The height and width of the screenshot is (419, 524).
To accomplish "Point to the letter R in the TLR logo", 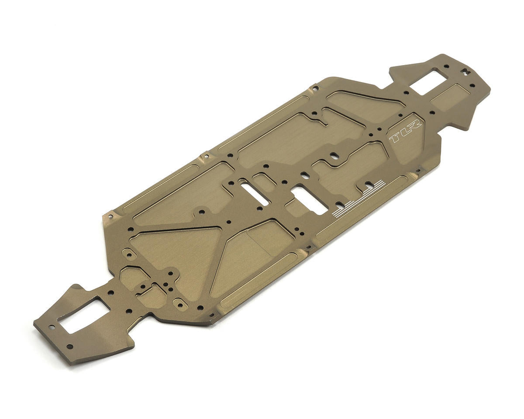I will coord(414,125).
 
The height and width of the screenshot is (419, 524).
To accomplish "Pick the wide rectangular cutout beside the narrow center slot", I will coord(309,199).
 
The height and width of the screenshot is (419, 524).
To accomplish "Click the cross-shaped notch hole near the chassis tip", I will coord(466,70).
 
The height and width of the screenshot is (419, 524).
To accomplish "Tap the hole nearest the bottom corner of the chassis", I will coord(69,347).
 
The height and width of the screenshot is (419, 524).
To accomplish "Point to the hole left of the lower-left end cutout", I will coord(52,326).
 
